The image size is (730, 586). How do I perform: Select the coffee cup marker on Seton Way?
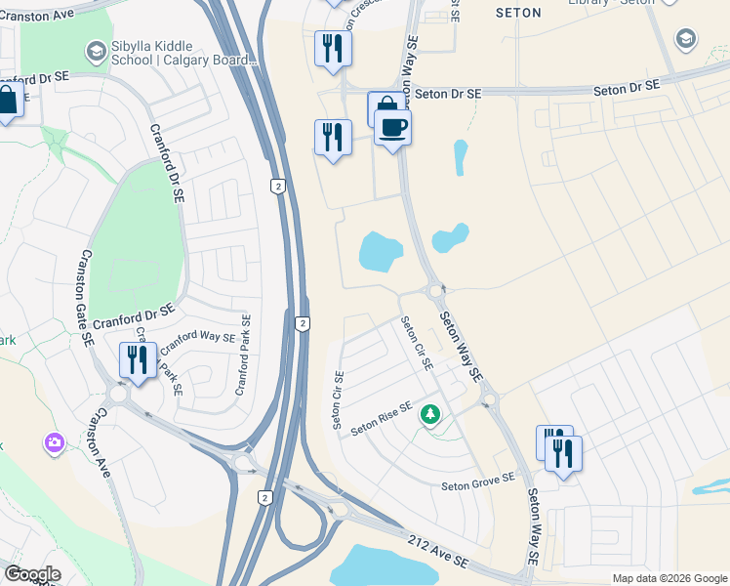point(392,128)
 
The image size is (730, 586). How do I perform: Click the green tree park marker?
point(429,416)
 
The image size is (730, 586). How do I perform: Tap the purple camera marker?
point(54,443)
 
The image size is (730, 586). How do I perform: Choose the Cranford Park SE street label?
point(242,355)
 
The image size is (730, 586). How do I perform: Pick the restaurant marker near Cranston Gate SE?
point(137,360)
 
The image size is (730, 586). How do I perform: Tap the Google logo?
point(32,574)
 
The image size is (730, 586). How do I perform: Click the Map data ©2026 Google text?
point(669,578)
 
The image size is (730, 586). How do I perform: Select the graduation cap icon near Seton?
point(686,39)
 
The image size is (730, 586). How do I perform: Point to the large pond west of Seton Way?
point(380,252)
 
